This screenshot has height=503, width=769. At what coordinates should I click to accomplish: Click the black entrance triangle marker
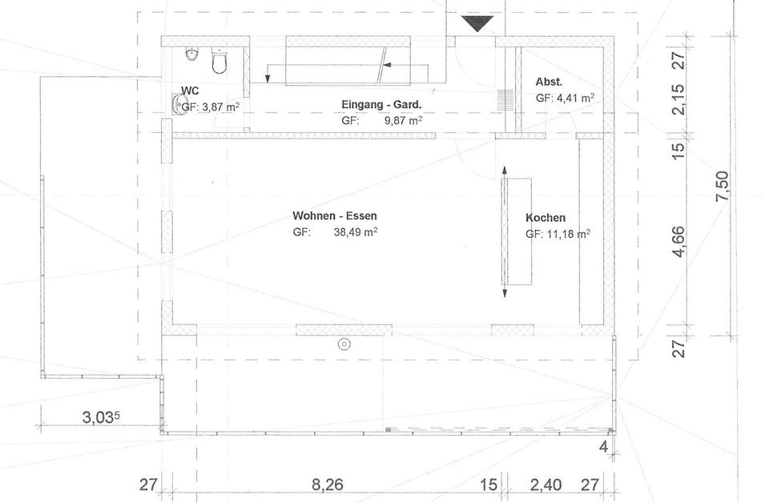coord(477,23)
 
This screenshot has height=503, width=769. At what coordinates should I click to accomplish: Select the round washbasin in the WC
coord(179,104)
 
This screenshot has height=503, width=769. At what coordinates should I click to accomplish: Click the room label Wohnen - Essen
coord(335,215)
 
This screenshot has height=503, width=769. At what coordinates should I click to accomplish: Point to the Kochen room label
coord(546,218)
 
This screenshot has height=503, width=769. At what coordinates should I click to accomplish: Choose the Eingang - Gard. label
coord(381,104)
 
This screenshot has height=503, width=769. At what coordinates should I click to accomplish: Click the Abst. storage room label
coord(549,82)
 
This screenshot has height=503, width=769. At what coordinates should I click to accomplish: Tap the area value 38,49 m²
coord(356,232)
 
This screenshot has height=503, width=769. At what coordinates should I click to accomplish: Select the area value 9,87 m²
coord(403,120)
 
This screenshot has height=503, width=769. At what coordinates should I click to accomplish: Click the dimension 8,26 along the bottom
coord(327,485)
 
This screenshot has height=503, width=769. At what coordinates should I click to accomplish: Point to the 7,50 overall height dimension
coord(722,186)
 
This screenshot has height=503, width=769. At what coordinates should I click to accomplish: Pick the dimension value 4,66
coord(678,241)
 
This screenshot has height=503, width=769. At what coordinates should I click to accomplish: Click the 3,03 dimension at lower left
coord(101,417)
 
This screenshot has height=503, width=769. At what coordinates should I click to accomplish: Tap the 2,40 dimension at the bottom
coord(546,485)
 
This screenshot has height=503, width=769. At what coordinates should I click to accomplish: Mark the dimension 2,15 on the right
coord(678,99)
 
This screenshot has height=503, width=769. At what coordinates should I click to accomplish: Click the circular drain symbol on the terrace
coord(344,344)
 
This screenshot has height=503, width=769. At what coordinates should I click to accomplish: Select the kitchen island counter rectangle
coord(517,231)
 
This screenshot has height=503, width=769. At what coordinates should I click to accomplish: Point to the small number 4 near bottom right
coord(603,447)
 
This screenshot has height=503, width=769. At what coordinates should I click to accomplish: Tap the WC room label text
coord(190,91)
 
